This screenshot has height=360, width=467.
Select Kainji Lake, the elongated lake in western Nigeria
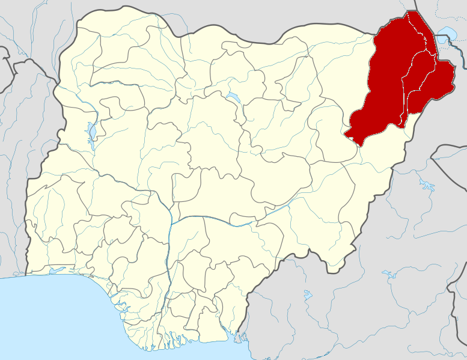(x=91, y=132)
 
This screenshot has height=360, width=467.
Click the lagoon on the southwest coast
(x=57, y=270)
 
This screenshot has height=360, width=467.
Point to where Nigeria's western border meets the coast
(x=26, y=275)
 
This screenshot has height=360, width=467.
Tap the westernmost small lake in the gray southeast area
(x=308, y=295)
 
